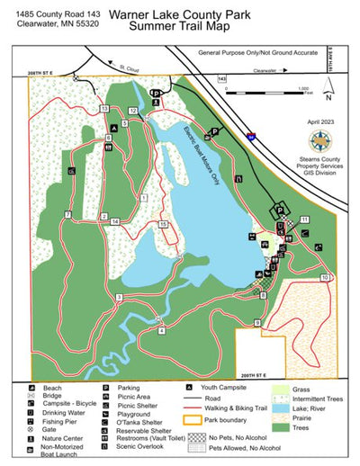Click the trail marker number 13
click(x=104, y=109)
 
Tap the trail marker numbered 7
click(x=67, y=214)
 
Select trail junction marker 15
click(x=163, y=223)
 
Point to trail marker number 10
click(x=325, y=277)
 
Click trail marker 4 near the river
click(x=161, y=330)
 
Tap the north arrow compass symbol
click(x=330, y=87)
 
